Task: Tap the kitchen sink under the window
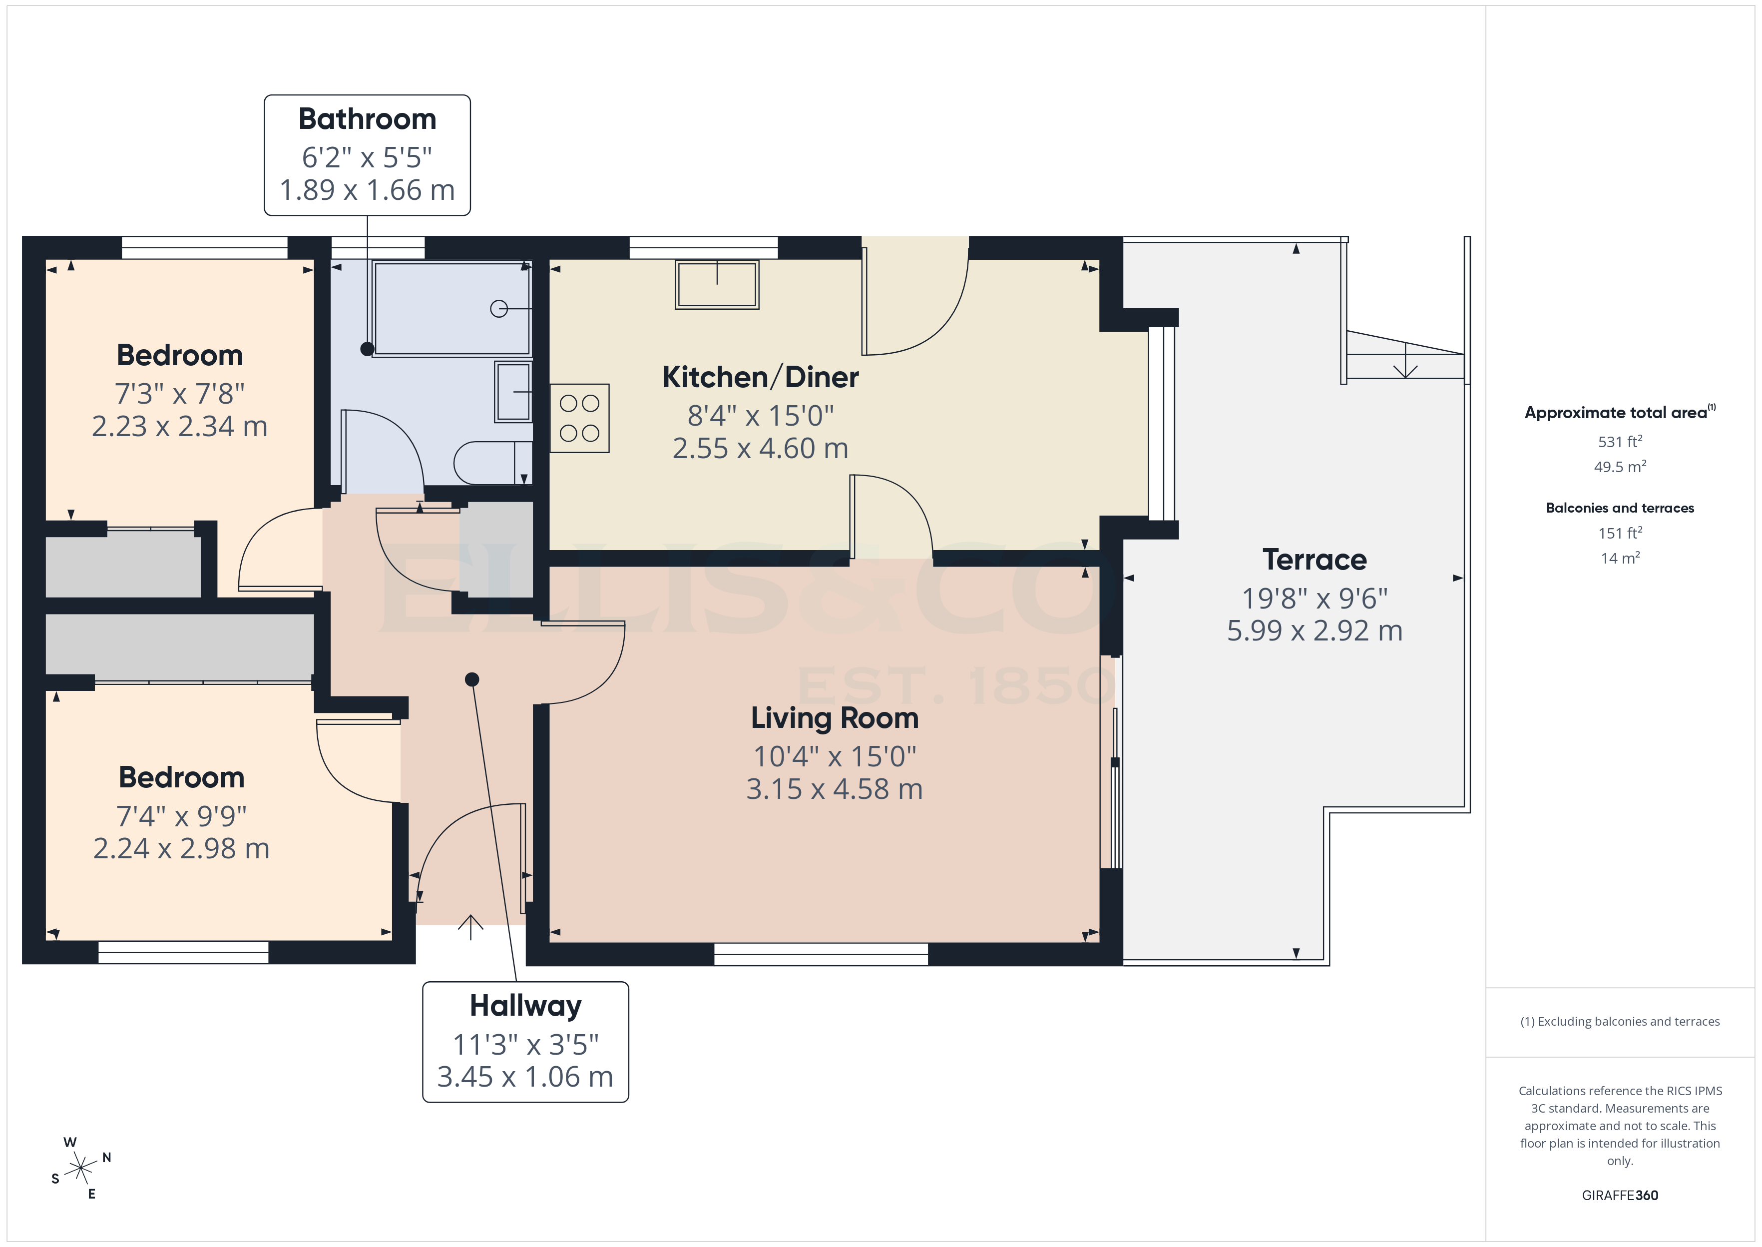click(717, 285)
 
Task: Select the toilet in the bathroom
click(491, 463)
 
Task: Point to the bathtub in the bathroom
click(452, 309)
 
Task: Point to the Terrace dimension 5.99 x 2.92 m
click(1314, 631)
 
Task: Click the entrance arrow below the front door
click(470, 927)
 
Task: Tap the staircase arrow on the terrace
click(1405, 361)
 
